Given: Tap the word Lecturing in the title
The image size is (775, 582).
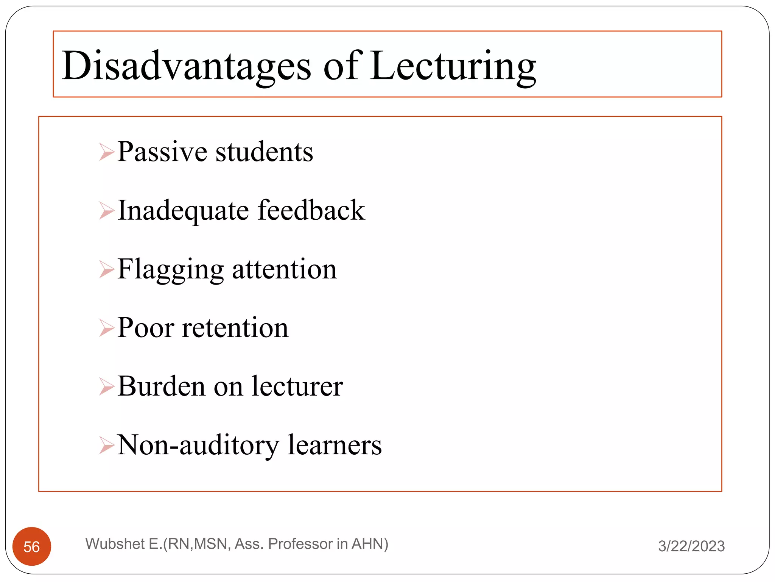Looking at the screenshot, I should coord(453,66).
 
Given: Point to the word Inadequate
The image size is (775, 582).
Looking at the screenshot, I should coord(183,211).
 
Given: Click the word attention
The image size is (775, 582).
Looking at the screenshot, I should coord(284,269).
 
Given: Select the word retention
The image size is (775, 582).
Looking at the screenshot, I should coord(235,328).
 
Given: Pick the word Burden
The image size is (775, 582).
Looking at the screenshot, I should coord(161,386).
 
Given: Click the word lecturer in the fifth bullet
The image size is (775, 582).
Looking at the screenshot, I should coord(297,386).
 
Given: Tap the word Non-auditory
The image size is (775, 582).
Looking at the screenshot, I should coord(198,445).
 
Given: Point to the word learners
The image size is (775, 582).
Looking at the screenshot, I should coord(335,445).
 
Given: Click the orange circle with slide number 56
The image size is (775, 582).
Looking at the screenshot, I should coord(32,546).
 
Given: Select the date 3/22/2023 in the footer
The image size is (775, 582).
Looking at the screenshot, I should coord(691,546).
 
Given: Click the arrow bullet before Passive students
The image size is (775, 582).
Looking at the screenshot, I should coord(106,152).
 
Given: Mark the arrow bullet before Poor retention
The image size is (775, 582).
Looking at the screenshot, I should coord(106,328).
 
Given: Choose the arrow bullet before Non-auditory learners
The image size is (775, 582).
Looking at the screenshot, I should coord(106,445).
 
